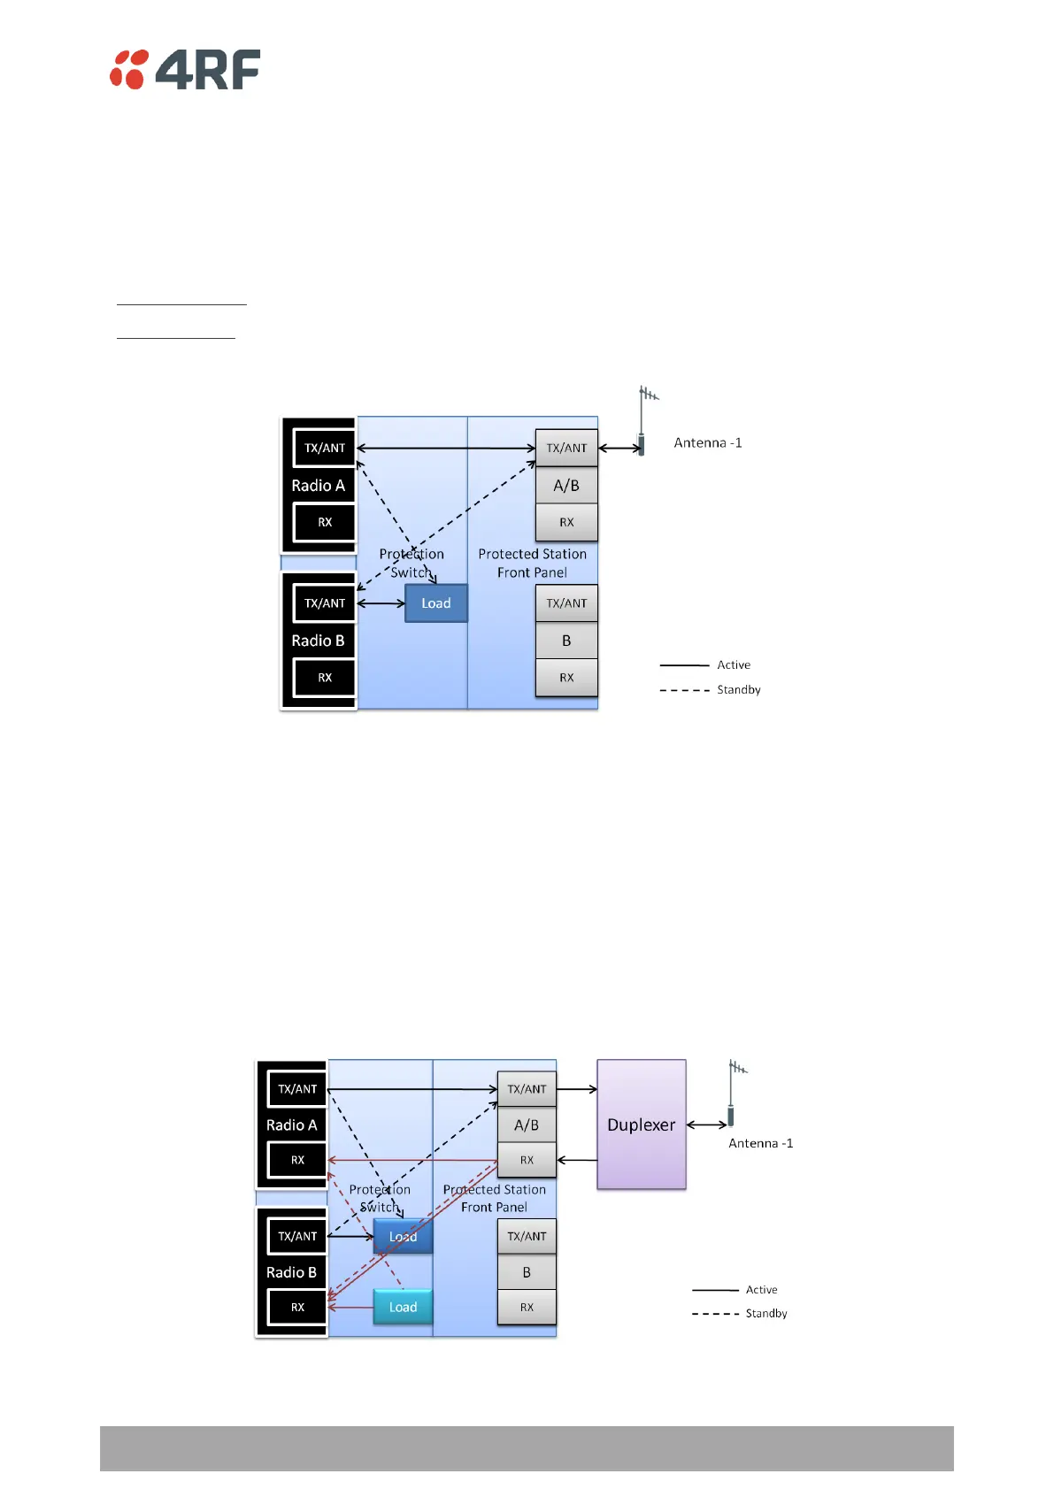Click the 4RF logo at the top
tap(185, 70)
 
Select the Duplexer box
tap(641, 1124)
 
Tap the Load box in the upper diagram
tap(435, 603)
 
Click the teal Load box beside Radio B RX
tap(403, 1307)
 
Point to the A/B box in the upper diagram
tap(566, 486)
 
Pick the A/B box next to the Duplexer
tap(527, 1125)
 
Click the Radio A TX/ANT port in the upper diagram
tap(325, 449)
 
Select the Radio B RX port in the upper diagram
tap(325, 678)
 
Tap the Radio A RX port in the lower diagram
tap(297, 1160)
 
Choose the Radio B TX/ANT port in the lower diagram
tap(297, 1237)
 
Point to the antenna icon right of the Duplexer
tap(733, 1093)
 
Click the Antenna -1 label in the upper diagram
tap(708, 443)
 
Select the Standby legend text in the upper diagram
tap(738, 690)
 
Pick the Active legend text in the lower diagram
tap(761, 1290)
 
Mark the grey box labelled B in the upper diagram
tap(566, 641)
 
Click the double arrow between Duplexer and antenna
tap(706, 1125)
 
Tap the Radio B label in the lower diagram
tap(291, 1272)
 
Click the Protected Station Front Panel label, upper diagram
tap(532, 564)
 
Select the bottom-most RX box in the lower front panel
tap(527, 1308)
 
